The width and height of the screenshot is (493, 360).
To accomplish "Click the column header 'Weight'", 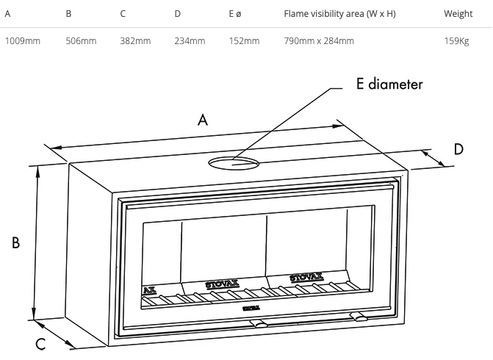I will [458, 14].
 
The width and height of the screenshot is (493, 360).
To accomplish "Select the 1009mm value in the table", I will [23, 40].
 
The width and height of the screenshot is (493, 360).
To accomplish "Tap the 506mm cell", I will [81, 40].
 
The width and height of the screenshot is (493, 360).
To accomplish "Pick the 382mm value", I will [135, 40].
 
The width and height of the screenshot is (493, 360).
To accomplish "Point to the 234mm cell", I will [190, 40].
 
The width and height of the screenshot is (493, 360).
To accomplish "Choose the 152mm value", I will [244, 40].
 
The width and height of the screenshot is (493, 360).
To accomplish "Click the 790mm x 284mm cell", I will [319, 40].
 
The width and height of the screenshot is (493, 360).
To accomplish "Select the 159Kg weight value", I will [456, 40].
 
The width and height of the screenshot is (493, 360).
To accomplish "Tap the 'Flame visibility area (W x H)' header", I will [339, 14].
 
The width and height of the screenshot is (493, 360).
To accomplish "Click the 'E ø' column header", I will [234, 14].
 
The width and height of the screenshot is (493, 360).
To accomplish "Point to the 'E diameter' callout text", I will [389, 84].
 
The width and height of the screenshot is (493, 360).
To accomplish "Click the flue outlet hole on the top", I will [233, 162].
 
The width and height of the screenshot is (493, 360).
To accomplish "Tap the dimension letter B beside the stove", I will [16, 243].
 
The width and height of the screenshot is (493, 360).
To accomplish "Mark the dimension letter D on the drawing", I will [458, 149].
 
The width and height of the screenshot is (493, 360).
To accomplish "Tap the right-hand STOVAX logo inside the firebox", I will [306, 278].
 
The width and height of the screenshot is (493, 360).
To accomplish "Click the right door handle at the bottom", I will [359, 317].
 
